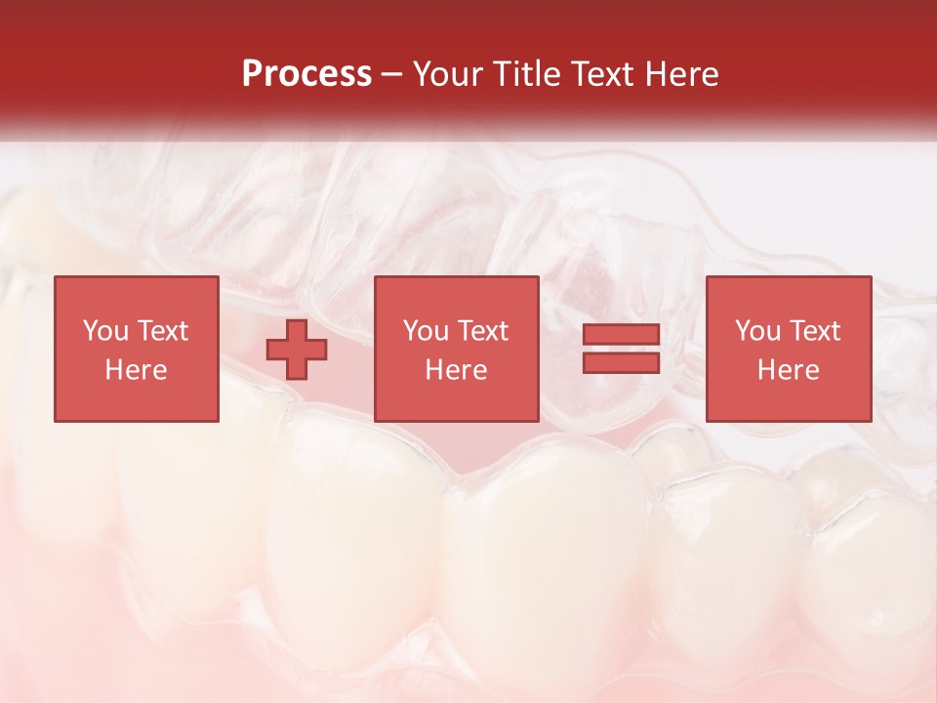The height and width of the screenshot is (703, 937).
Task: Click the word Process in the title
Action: pyautogui.click(x=306, y=74)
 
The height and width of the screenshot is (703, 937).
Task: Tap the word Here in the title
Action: pyautogui.click(x=679, y=74)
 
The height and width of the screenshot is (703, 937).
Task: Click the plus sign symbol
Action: pyautogui.click(x=297, y=350)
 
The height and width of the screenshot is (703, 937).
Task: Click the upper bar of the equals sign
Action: pyautogui.click(x=621, y=335)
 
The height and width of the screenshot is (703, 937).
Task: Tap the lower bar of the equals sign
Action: pyautogui.click(x=621, y=362)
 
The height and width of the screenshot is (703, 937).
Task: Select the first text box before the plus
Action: pyautogui.click(x=137, y=349)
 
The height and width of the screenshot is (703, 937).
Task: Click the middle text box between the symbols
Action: pyautogui.click(x=457, y=349)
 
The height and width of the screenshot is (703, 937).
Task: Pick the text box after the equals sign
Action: pyautogui.click(x=789, y=349)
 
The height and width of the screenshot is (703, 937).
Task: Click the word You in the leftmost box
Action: pyautogui.click(x=105, y=331)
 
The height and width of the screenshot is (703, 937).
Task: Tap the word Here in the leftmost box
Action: pyautogui.click(x=137, y=370)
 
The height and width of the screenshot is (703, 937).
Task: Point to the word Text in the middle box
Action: pyautogui.click(x=482, y=331)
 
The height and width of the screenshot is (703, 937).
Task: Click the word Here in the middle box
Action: pyautogui.click(x=457, y=370)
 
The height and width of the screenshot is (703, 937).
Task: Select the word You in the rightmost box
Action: pyautogui.click(x=757, y=331)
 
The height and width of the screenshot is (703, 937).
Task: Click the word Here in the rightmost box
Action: pyautogui.click(x=789, y=370)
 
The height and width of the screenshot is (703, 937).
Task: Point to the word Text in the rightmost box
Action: pyautogui.click(x=814, y=331)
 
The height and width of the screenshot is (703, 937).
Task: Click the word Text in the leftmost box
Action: pyautogui.click(x=162, y=331)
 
